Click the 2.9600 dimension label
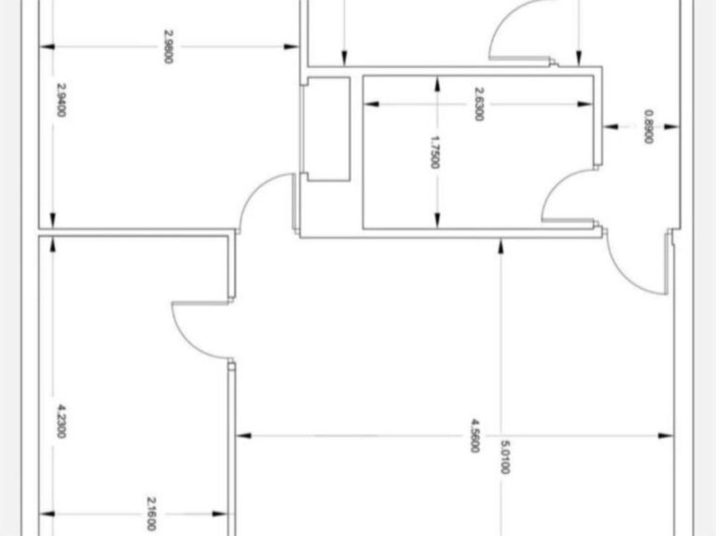168,47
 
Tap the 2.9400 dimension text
62,100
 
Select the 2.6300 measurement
478,103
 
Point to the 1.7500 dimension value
435,152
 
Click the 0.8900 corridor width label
648,127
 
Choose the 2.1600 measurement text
150,514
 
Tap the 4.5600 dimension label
475,435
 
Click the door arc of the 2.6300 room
565,195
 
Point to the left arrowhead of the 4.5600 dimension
241,435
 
